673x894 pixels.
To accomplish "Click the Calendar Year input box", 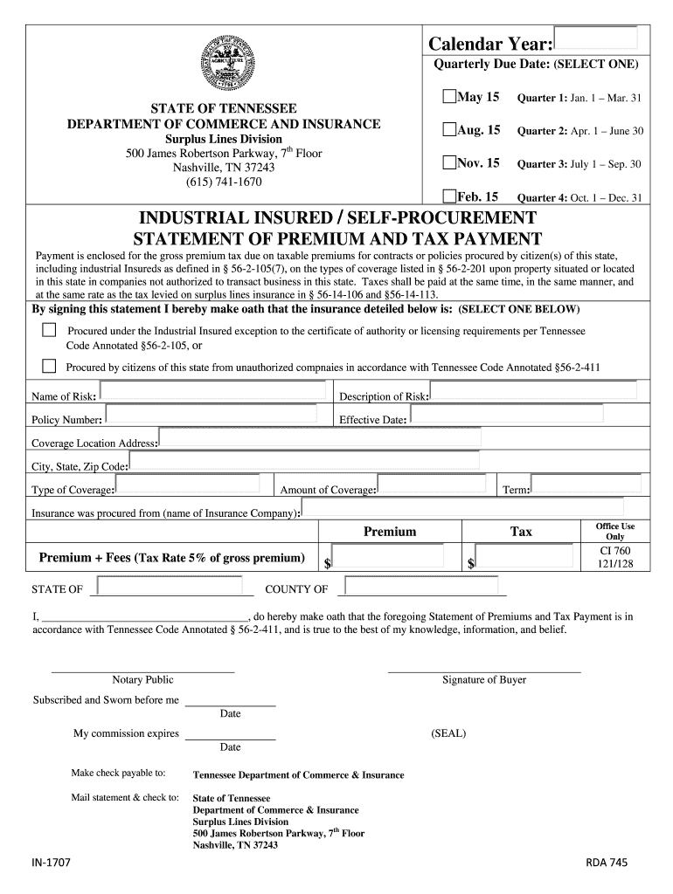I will click(597, 37).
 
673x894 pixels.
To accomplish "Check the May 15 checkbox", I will click(449, 97).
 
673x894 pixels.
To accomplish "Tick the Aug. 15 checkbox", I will click(449, 130).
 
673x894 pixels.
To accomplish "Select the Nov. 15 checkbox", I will click(449, 163).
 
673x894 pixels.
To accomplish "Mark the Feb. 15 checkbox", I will click(449, 196).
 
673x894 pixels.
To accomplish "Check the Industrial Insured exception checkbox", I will click(49, 330).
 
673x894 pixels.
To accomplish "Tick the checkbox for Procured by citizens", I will click(49, 366).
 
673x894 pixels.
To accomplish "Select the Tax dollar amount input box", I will click(524, 557).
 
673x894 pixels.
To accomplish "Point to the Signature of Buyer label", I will click(484, 680).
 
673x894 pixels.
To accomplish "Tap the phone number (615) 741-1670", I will click(224, 182).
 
